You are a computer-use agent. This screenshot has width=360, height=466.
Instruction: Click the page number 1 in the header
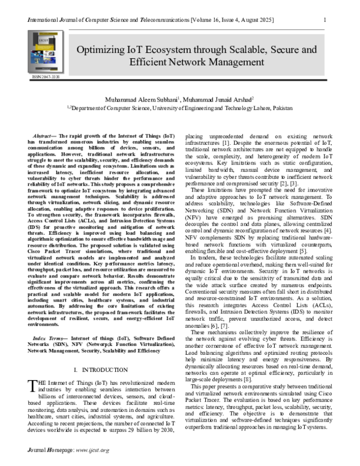click(x=325, y=19)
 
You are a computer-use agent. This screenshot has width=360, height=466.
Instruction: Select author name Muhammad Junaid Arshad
click(x=218, y=98)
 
